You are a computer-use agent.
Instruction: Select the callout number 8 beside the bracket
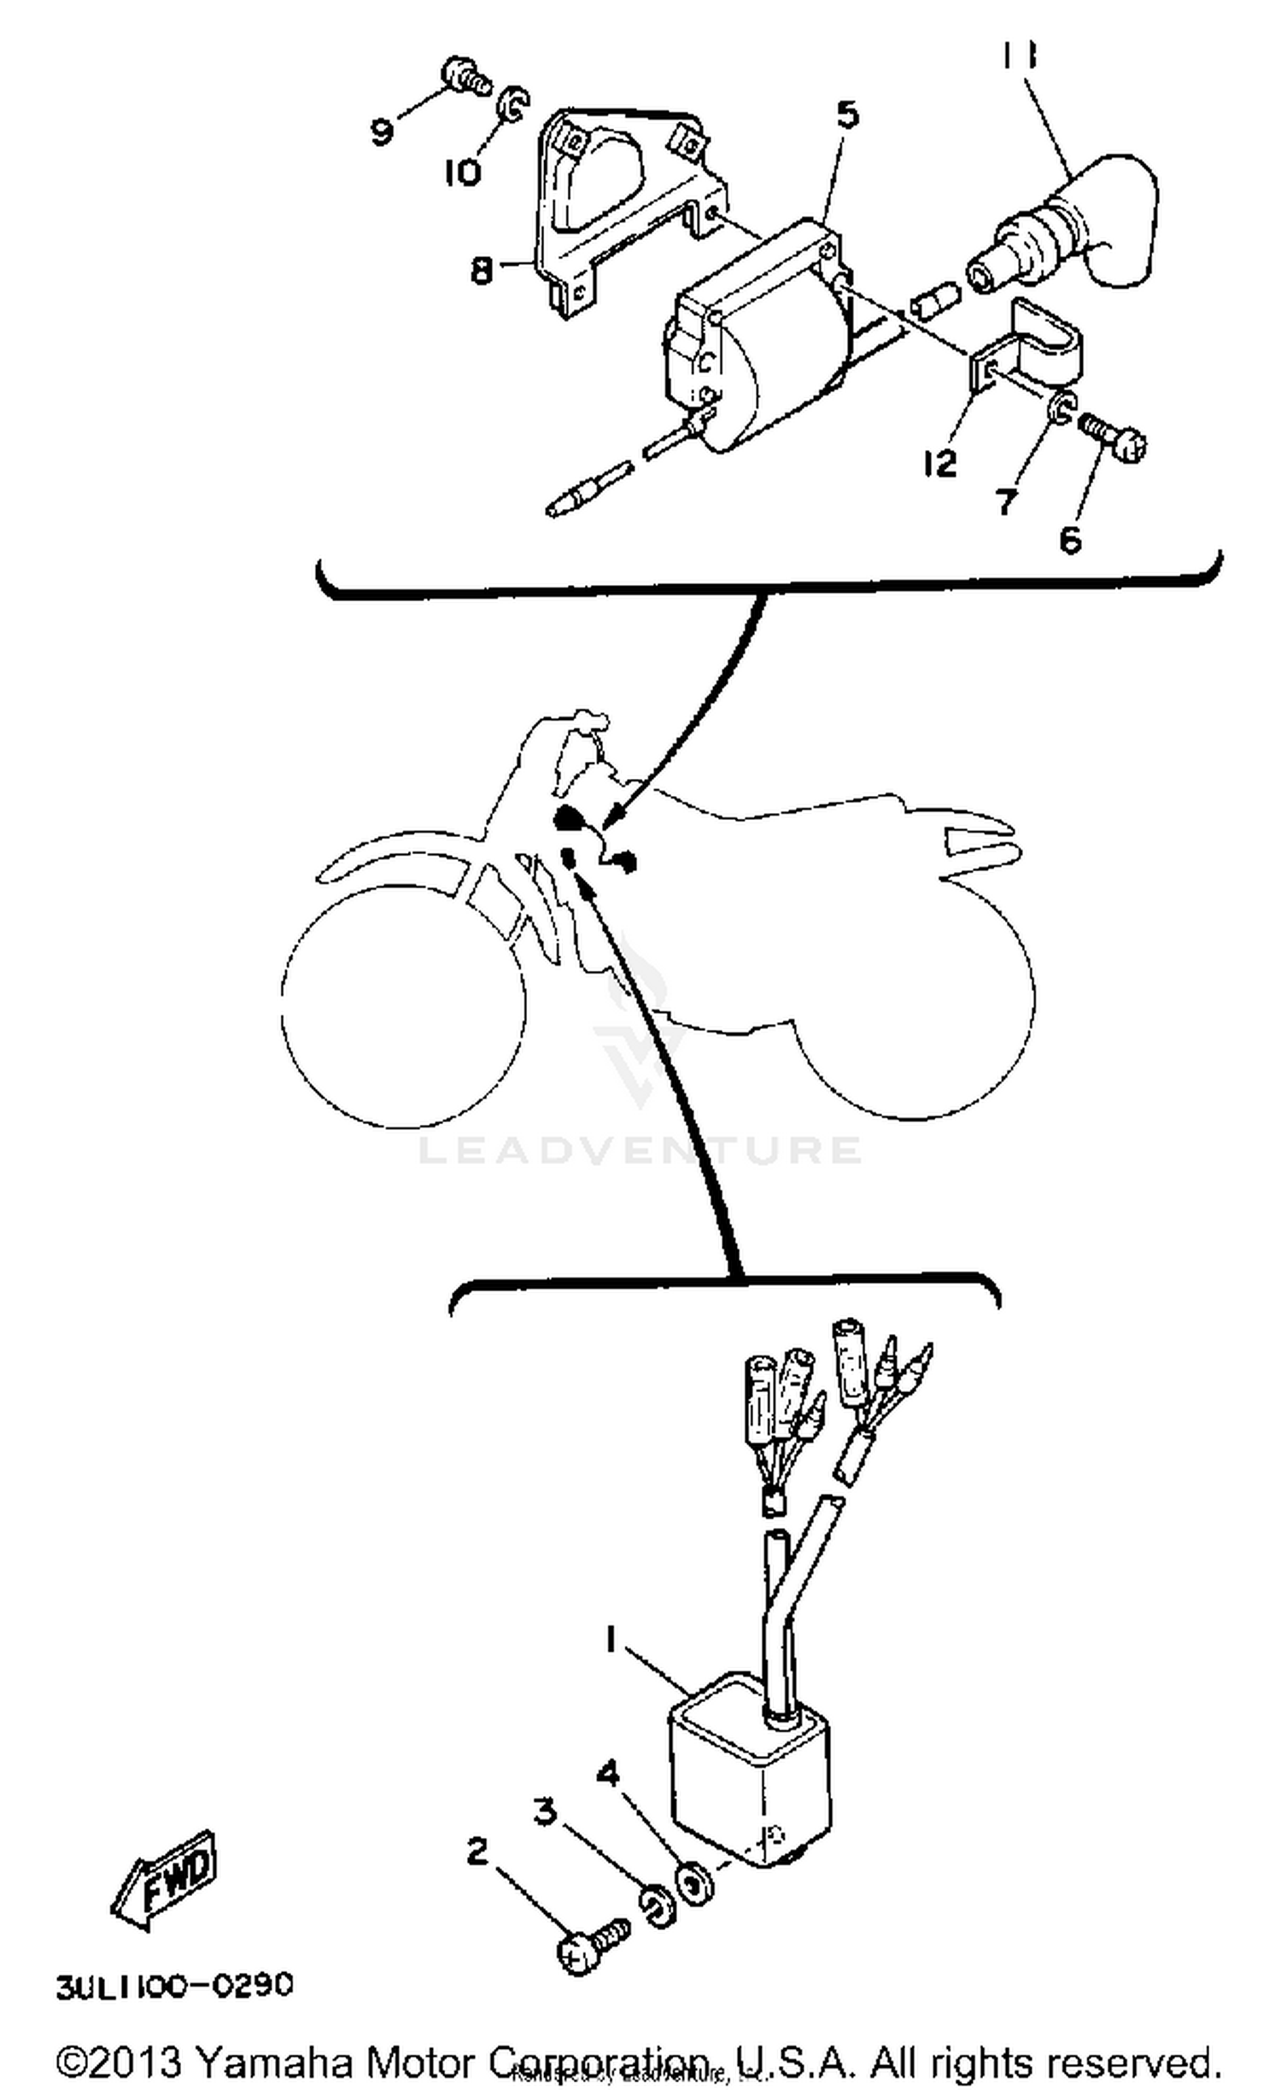point(482,271)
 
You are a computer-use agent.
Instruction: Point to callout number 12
point(939,464)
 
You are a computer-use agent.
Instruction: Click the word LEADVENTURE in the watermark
point(640,1150)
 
